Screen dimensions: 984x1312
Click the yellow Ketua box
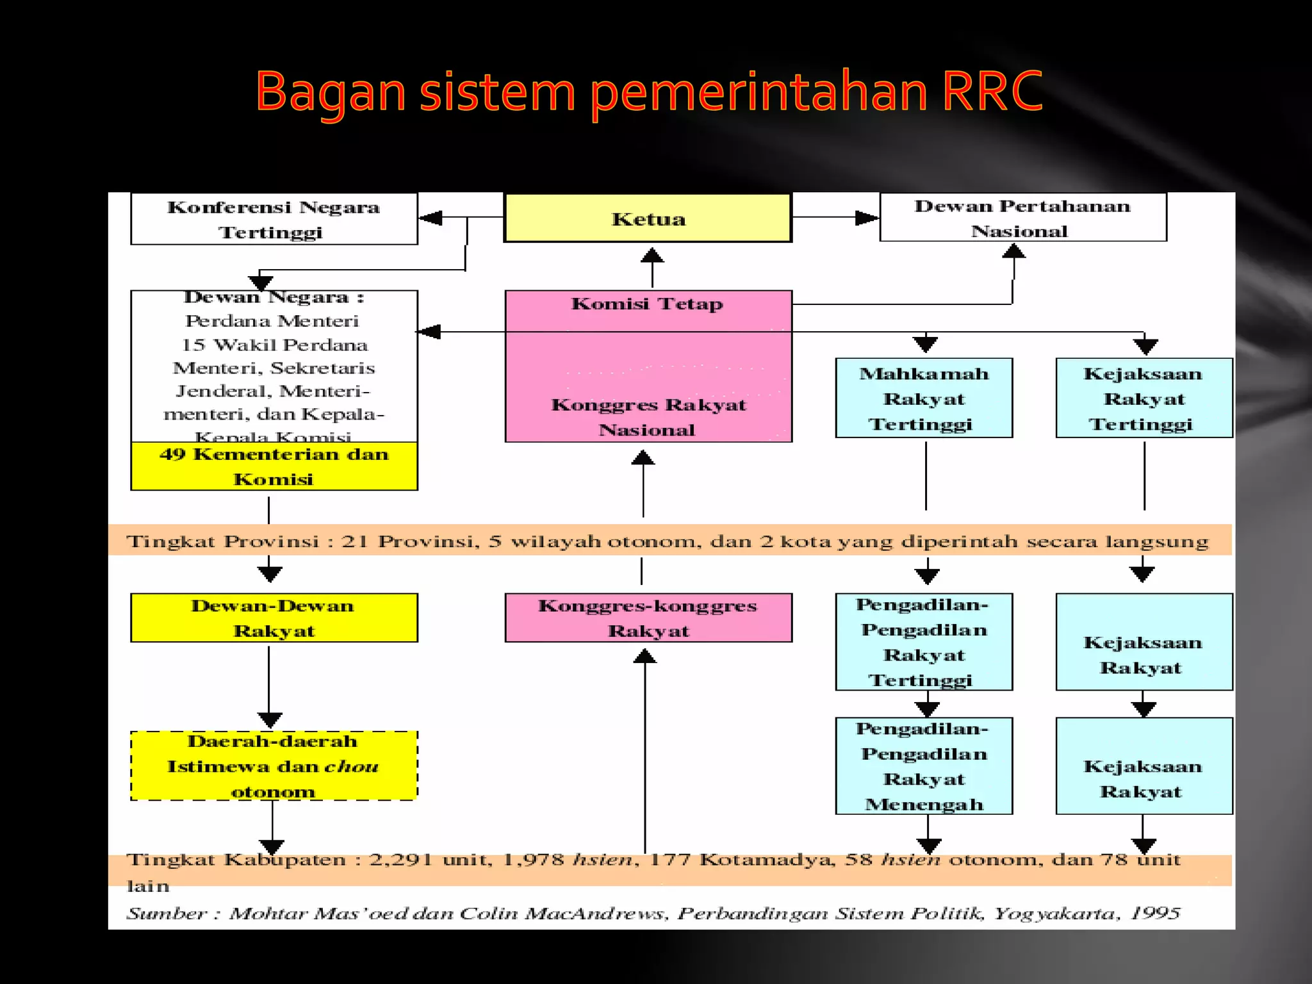(648, 218)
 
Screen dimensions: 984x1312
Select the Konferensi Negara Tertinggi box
(274, 219)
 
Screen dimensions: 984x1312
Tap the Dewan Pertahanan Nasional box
(1022, 218)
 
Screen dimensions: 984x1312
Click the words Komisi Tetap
(647, 304)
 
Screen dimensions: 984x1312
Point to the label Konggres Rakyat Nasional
(648, 417)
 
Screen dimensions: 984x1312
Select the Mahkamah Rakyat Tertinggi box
(923, 398)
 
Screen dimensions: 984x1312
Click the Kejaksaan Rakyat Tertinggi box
(1144, 398)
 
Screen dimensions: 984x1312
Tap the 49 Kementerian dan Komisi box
(274, 466)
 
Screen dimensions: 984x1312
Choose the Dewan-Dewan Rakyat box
(274, 618)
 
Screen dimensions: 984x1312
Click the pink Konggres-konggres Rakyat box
(648, 618)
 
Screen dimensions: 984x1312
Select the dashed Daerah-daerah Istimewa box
(274, 766)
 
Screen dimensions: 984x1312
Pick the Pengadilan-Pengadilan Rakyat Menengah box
(923, 766)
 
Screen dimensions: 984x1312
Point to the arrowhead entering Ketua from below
(652, 256)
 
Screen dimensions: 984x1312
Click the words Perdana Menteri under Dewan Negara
(272, 321)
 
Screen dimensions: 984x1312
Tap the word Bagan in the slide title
(330, 92)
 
